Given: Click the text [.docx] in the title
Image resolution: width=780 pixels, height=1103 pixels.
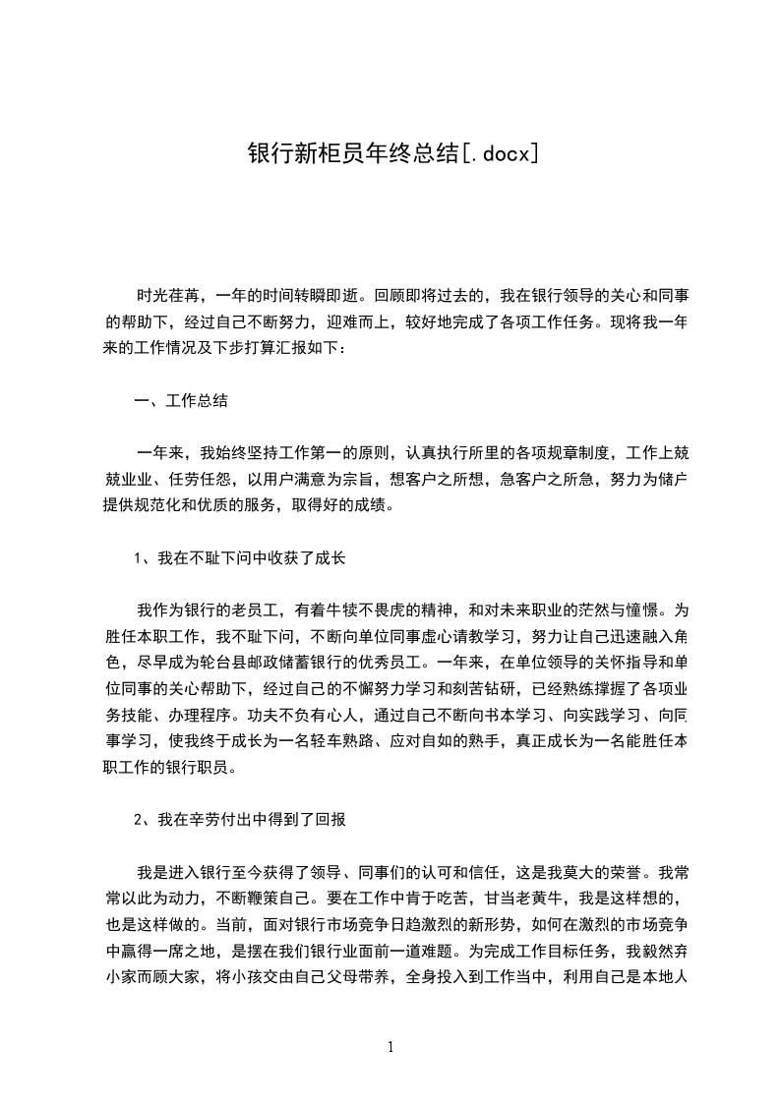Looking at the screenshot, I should click(498, 153).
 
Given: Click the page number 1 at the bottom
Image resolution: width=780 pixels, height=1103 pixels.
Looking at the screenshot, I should click(390, 1047).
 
